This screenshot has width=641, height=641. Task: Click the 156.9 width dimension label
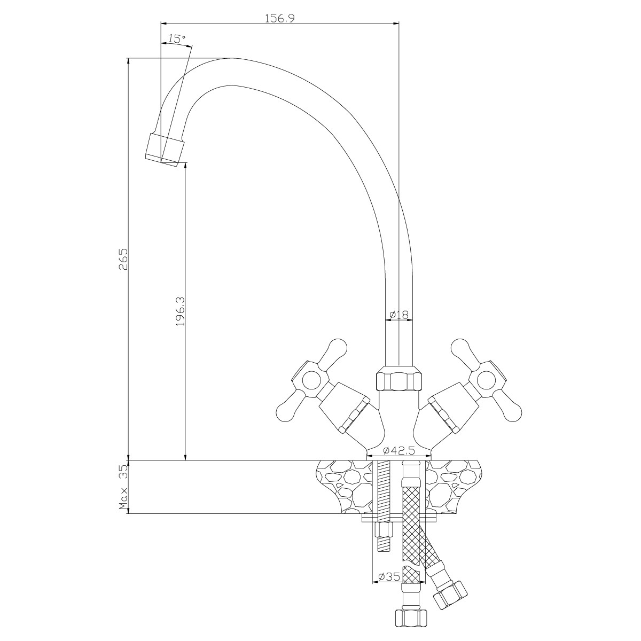click(x=280, y=18)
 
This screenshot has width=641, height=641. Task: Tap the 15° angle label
click(x=177, y=38)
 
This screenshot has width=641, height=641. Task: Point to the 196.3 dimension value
click(x=180, y=311)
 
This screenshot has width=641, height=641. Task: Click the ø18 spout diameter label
click(x=398, y=314)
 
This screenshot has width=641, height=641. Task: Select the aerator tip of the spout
click(x=165, y=150)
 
